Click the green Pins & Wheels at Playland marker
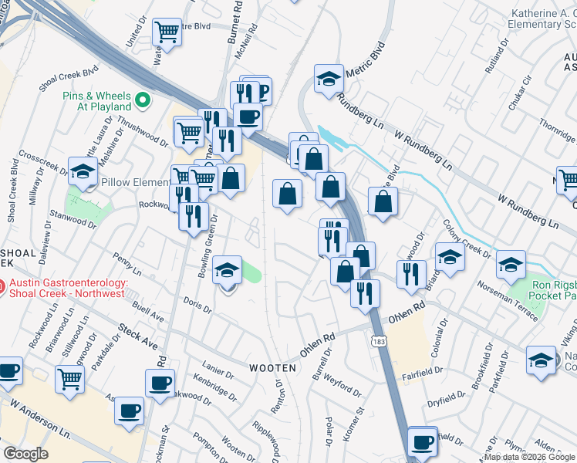tap(143, 100)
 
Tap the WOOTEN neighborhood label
tap(272, 368)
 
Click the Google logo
tap(25, 453)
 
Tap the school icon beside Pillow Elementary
tap(82, 173)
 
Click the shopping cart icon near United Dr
tap(167, 32)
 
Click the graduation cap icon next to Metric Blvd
tap(329, 79)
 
